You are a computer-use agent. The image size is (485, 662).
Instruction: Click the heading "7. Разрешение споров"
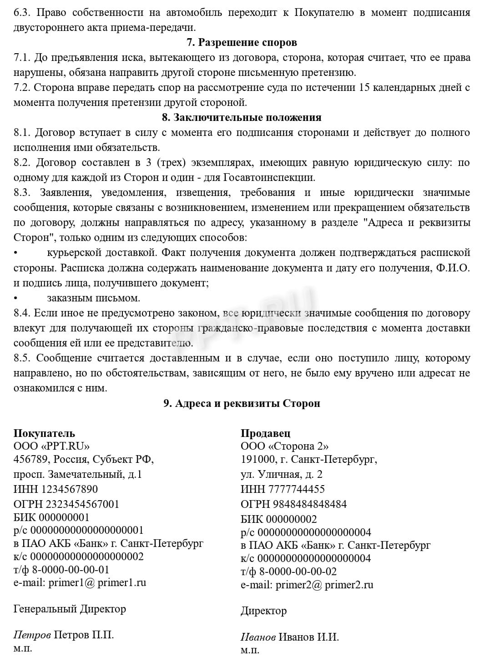point(242,42)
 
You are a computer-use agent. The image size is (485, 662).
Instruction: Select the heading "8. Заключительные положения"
point(242,117)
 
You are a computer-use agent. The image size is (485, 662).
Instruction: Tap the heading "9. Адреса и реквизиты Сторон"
point(242,403)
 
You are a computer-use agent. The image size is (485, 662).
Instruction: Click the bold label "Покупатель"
point(44,433)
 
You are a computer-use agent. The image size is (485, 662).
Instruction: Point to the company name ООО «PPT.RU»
point(51,446)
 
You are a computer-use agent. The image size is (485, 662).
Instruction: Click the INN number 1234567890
point(69,489)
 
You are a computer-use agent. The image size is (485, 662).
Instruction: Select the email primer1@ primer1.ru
point(97,582)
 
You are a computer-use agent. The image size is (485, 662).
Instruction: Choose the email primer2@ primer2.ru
point(324,585)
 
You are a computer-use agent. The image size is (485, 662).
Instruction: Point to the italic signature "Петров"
point(32,635)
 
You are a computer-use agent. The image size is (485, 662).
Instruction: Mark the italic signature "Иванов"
point(258,637)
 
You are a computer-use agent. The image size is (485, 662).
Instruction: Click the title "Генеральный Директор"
point(70,609)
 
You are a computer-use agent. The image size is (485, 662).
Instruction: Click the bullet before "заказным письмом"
point(16,299)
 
